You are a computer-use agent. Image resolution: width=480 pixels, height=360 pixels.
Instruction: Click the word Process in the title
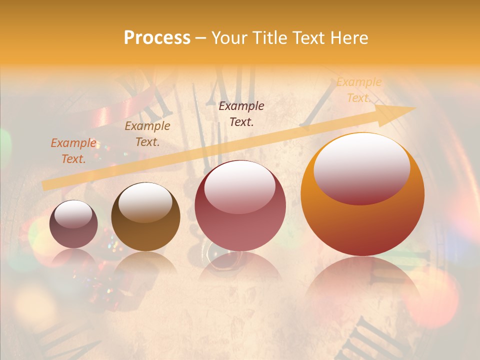click(157, 38)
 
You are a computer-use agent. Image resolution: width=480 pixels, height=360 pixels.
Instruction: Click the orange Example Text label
click(358, 90)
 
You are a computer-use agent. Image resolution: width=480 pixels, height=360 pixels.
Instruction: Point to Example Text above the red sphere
click(241, 114)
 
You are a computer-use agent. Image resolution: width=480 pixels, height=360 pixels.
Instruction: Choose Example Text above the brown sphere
click(147, 134)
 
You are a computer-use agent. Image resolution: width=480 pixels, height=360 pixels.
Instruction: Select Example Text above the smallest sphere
click(73, 151)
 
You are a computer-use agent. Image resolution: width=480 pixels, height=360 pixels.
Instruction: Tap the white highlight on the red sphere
click(239, 186)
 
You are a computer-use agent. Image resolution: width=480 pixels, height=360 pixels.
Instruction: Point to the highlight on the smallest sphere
click(73, 214)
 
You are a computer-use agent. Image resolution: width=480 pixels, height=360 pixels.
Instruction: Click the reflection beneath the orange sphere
click(362, 280)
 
